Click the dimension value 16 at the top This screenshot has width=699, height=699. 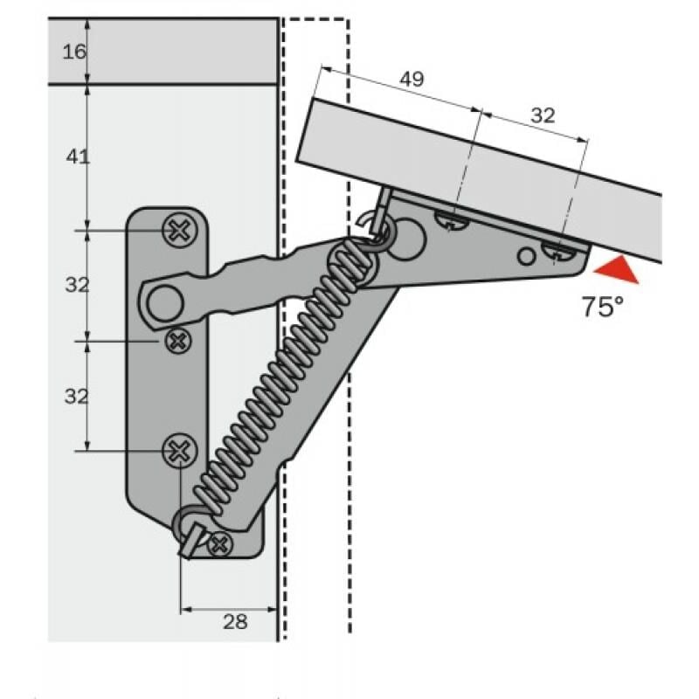[75, 52]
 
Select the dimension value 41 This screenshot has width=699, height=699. [78, 157]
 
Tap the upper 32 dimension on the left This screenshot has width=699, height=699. [77, 284]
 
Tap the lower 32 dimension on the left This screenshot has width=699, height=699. [77, 396]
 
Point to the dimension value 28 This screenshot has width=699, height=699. [235, 621]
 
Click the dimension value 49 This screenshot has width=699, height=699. [412, 80]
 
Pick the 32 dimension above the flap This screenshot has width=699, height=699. [543, 115]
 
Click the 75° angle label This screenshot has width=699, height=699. [603, 307]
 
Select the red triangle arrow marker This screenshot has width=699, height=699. [613, 271]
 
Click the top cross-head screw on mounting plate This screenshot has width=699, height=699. [178, 230]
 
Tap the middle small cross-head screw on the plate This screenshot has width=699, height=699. [178, 341]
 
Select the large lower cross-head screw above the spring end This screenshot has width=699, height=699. [179, 451]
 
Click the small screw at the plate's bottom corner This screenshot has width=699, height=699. [219, 544]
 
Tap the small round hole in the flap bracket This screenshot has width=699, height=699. [526, 256]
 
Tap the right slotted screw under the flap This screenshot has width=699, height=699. [560, 252]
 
